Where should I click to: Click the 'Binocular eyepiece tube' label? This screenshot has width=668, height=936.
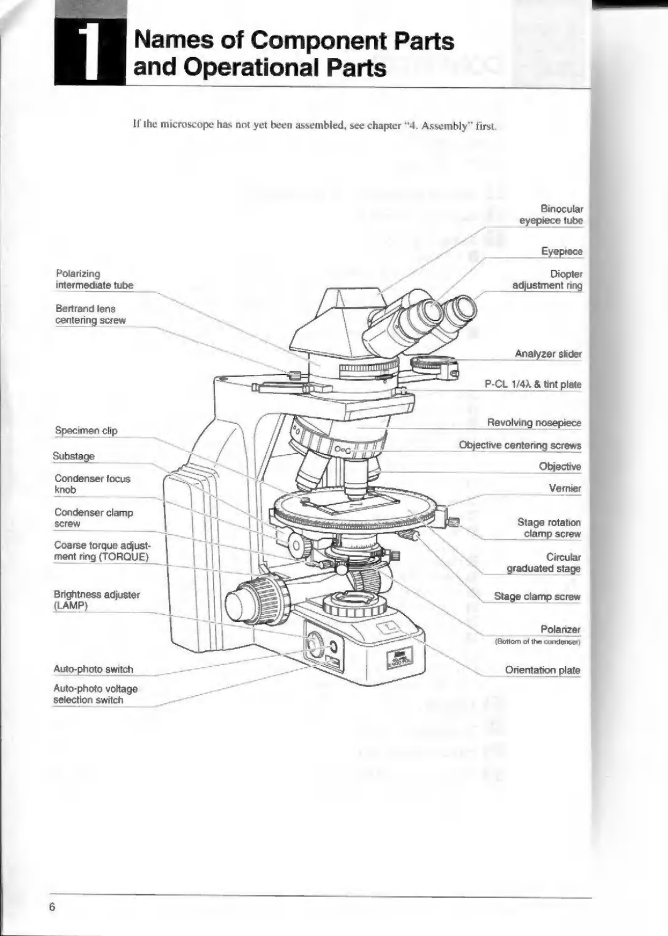pos(551,215)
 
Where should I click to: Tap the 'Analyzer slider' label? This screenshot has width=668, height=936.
pos(548,354)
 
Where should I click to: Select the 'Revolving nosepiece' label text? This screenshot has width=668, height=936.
pos(534,422)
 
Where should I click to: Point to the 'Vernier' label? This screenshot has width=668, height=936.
pos(565,488)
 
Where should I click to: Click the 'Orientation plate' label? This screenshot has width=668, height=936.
pos(543,670)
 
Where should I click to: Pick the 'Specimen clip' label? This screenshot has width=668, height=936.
pos(86,430)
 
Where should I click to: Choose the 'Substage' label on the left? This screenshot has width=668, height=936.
pos(73,456)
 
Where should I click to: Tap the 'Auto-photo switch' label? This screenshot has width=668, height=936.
pos(93,669)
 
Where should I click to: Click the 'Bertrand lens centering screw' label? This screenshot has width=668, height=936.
pos(90,314)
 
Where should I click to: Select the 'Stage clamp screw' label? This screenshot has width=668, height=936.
pos(537,596)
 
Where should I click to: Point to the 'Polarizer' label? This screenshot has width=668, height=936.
pos(561,629)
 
